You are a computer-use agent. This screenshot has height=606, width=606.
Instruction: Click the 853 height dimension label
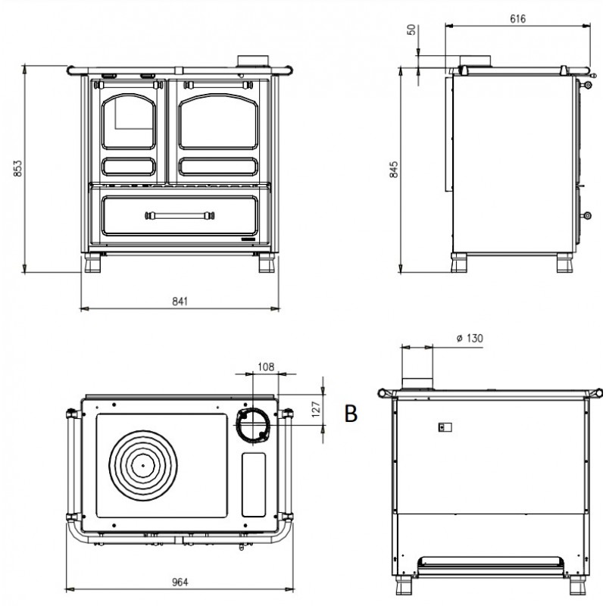pos(17,168)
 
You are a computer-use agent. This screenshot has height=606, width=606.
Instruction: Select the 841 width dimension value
pos(180,301)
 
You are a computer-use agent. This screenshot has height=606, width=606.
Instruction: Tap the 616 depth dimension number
pos(517,18)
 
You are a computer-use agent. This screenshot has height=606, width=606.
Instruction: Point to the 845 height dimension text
pos(393,170)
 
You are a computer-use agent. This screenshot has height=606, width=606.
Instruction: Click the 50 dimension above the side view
pos(412,30)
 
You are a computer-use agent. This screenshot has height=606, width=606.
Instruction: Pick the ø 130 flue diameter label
pos(470,338)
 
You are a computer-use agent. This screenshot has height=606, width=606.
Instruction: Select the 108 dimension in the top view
pos(266,367)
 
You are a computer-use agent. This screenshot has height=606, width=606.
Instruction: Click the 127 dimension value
pos(316,409)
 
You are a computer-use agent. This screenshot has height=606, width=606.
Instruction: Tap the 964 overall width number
pos(180,582)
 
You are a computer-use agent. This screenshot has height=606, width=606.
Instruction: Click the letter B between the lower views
pos(351,414)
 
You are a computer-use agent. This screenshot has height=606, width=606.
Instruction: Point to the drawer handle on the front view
pos(180,215)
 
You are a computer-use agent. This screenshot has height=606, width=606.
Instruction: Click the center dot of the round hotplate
pos(143,465)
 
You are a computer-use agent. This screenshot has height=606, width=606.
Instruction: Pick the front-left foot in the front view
pos(92,263)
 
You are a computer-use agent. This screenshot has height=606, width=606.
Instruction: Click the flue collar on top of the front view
pos(253,61)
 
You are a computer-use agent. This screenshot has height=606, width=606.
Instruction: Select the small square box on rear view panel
pos(445,427)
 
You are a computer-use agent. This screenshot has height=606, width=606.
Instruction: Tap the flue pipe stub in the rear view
pos(417,383)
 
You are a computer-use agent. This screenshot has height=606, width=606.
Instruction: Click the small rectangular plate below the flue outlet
pos(254,485)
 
